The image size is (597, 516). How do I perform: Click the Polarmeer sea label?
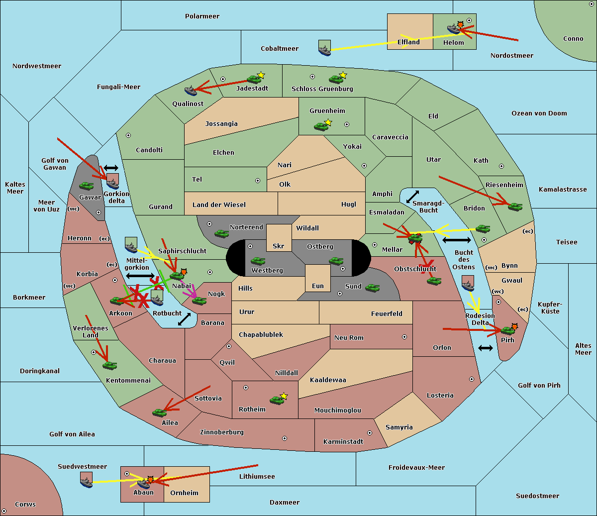click(202, 16)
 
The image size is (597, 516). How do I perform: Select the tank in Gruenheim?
click(321, 126)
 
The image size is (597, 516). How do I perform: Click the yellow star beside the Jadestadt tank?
click(261, 75)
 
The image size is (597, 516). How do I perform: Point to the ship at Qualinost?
click(191, 91)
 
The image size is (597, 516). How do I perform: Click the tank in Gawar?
click(87, 186)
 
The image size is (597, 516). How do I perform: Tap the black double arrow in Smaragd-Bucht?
click(412, 197)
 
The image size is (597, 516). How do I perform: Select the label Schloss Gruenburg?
click(322, 89)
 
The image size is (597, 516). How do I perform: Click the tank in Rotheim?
click(277, 400)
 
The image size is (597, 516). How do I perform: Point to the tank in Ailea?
click(159, 412)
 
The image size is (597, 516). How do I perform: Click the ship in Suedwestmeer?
click(86, 480)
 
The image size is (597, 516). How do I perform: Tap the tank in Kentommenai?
click(109, 365)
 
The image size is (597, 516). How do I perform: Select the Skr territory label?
click(278, 246)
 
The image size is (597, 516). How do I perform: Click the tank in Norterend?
click(221, 233)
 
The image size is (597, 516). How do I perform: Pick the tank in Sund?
click(372, 288)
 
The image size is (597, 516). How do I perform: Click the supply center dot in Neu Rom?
click(404, 337)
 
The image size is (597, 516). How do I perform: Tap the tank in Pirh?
click(507, 330)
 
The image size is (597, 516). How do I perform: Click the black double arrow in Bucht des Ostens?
click(457, 240)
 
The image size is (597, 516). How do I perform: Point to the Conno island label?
click(573, 39)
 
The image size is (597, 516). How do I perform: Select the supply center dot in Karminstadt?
click(370, 433)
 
